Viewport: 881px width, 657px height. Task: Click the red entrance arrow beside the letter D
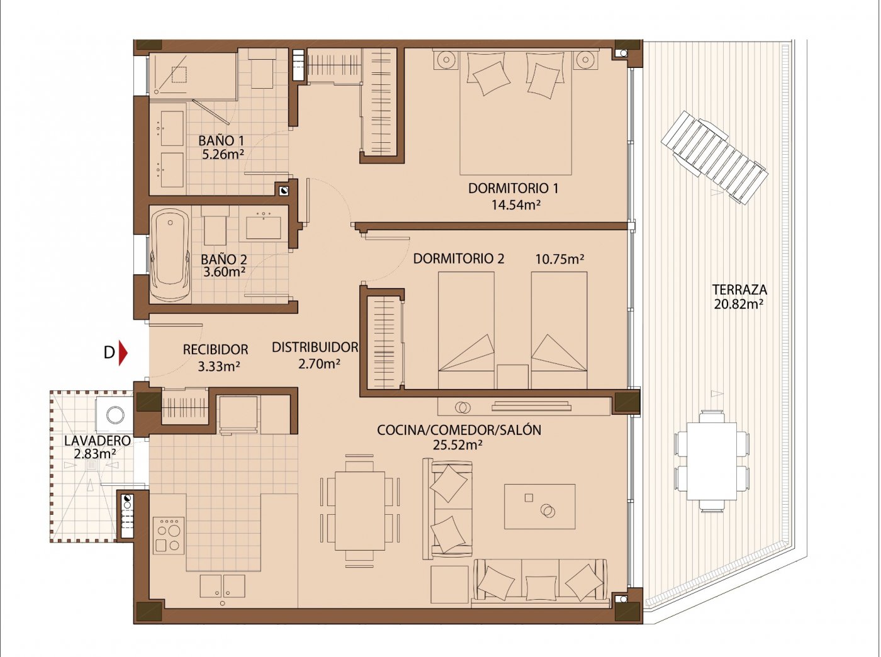[123, 352]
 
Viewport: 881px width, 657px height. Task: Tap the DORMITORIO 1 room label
[513, 188]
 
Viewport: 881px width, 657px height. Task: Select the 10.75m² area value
[559, 259]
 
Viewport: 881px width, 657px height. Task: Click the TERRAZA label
[739, 290]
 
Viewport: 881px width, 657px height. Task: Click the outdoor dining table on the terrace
[712, 461]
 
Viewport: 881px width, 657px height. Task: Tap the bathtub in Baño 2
[170, 255]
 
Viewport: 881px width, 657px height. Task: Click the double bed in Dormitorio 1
[515, 113]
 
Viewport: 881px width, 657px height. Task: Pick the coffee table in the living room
[539, 507]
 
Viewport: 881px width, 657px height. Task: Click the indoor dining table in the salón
[360, 511]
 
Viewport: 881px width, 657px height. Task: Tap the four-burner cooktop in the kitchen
[169, 536]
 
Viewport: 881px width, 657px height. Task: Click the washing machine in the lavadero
[115, 415]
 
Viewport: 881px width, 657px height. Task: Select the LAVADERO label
[98, 441]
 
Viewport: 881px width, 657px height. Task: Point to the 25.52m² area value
[457, 445]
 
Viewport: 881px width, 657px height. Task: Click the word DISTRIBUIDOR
[315, 347]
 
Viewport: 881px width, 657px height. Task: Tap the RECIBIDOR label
[215, 350]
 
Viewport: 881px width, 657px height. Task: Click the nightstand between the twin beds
[512, 376]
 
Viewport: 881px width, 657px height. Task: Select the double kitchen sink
[222, 586]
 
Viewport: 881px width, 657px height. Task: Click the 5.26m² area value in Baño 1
[223, 154]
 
